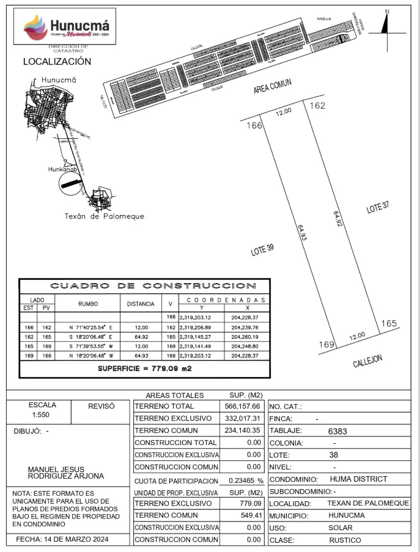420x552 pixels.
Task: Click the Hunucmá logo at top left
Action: click(x=66, y=28)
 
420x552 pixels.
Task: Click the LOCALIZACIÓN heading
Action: click(x=57, y=61)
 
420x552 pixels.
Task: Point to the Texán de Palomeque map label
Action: click(x=105, y=216)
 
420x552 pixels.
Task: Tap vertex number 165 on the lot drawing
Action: click(x=389, y=323)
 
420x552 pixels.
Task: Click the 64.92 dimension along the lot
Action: click(x=337, y=219)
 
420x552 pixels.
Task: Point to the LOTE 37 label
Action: click(x=377, y=208)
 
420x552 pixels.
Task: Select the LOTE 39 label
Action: click(x=262, y=249)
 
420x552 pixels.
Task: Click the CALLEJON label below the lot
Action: click(x=367, y=361)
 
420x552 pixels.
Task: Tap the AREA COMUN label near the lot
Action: click(x=273, y=86)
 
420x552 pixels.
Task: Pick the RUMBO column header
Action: click(x=88, y=303)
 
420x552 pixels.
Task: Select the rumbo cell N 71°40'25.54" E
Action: click(x=87, y=328)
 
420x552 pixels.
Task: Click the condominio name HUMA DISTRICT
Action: click(x=358, y=479)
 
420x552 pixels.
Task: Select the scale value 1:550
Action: click(x=42, y=414)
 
